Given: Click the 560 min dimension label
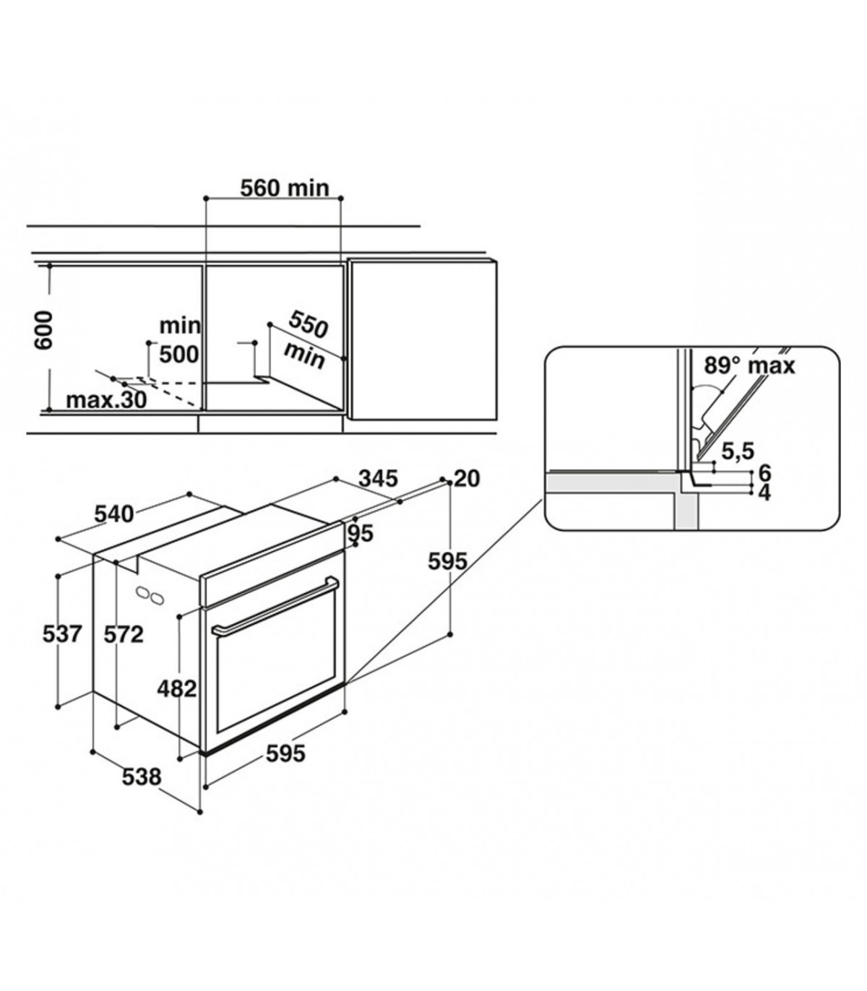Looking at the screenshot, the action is point(285,189).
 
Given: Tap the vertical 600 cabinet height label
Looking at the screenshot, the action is point(43,330).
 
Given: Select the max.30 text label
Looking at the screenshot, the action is point(106,400).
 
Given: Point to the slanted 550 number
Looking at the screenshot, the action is point(308,324).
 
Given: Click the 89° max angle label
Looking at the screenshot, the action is point(749,365).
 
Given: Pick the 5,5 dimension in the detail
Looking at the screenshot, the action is point(738,451).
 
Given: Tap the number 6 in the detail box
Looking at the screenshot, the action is point(765,472).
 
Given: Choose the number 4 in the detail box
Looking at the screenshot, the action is point(765,493).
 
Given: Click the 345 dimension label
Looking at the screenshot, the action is point(378,479).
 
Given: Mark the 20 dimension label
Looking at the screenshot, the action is point(467,479).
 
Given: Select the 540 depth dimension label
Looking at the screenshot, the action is point(113,514).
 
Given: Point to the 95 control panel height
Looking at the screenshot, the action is point(361,533).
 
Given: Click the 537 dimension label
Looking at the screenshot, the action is point(62,634).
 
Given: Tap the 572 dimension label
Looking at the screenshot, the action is point(124,634).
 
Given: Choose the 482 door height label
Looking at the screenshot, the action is point(177,689).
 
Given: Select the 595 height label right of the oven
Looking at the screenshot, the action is point(447,561).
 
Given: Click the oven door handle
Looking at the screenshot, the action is point(274,602).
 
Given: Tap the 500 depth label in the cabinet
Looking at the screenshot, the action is point(179,355).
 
